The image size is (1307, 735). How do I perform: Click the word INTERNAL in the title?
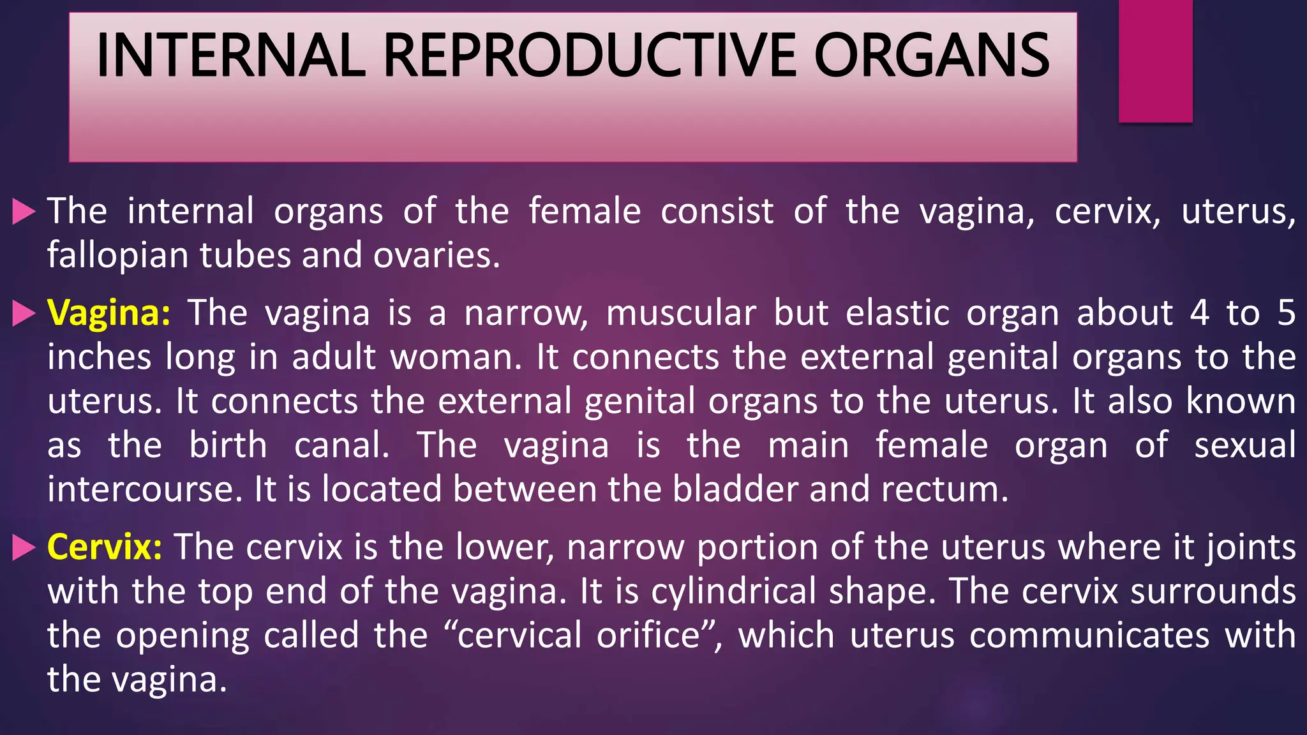pyautogui.click(x=230, y=56)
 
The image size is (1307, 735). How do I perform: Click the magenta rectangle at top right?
pyautogui.click(x=1155, y=61)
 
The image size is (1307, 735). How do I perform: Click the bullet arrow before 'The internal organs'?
pyautogui.click(x=24, y=212)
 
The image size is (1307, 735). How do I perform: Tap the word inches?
pyautogui.click(x=100, y=357)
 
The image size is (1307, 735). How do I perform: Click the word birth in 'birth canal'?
pyautogui.click(x=228, y=445)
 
